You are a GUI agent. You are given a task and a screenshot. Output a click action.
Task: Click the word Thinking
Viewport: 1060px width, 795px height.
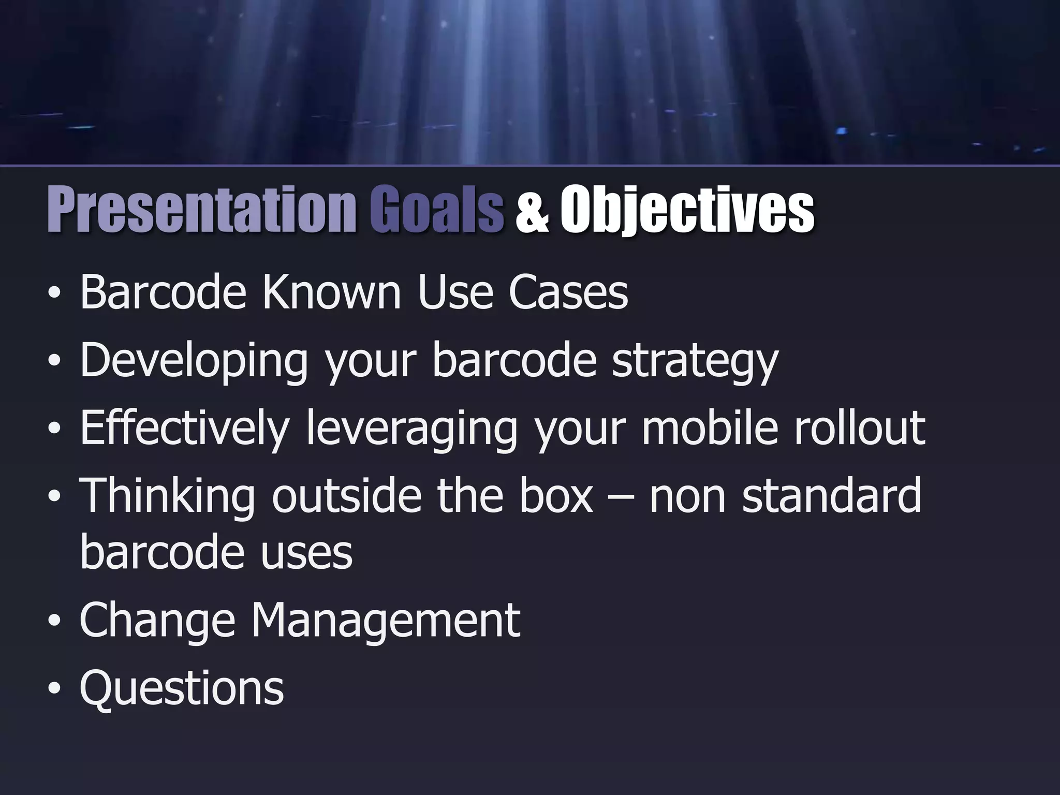pos(167,496)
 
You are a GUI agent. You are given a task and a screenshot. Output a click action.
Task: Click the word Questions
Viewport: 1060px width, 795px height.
pos(182,688)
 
